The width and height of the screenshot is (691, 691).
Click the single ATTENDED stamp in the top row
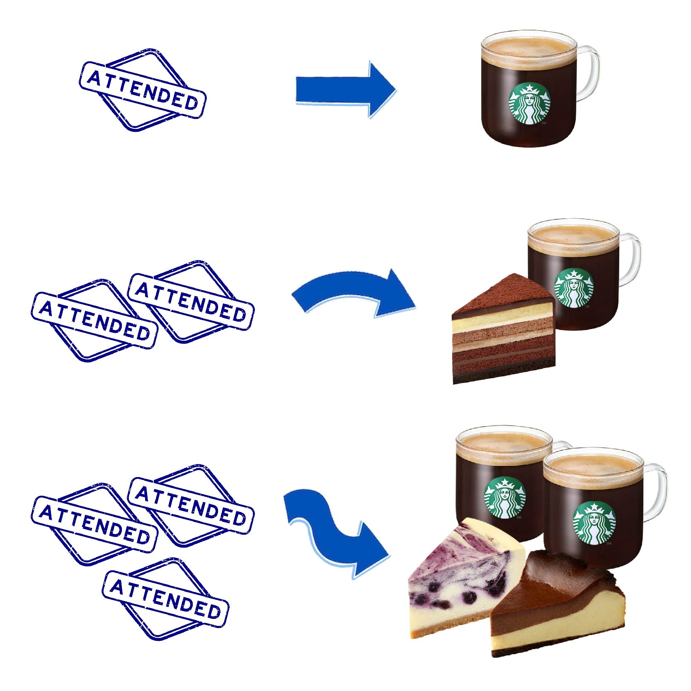142,90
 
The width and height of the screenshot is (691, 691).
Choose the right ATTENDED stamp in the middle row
191,302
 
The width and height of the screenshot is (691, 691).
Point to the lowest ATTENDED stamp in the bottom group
165,599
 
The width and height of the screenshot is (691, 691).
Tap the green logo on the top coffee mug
530,104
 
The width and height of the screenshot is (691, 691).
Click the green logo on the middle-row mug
574,288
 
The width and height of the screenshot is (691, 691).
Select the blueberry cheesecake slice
466,578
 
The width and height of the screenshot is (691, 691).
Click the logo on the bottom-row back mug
505,497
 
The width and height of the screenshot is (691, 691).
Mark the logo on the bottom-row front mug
594,523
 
